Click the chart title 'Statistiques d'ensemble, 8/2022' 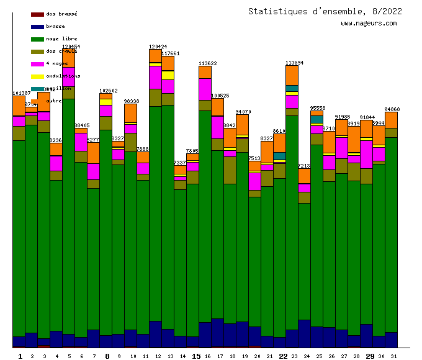tap(325, 11)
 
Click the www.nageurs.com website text tap(369, 24)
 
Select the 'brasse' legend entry tap(55, 27)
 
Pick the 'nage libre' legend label tap(61, 39)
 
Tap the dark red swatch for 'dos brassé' tap(37, 14)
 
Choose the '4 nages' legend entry tap(56, 64)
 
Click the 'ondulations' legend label tap(63, 76)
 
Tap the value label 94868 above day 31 tap(392, 109)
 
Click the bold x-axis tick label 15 tap(196, 356)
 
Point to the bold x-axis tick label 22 tap(283, 356)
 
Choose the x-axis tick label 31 tap(392, 356)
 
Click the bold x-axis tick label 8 tap(107, 356)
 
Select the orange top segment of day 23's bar tap(292, 75)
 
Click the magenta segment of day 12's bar tap(155, 77)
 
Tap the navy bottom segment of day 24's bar tap(304, 333)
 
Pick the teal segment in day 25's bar tap(316, 119)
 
